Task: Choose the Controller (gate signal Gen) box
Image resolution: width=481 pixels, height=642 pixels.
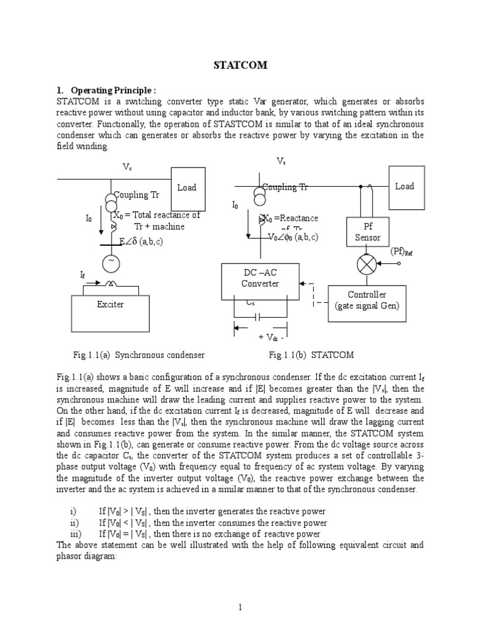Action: point(367,300)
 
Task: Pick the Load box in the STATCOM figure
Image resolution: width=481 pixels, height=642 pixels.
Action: point(405,186)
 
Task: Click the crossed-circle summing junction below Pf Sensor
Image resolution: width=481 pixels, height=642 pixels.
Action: point(367,265)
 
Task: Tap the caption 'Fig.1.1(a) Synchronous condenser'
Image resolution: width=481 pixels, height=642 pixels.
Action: point(138,355)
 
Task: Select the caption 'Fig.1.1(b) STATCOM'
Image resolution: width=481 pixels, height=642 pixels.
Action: point(311,355)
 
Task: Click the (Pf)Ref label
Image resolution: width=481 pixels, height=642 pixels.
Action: point(402,251)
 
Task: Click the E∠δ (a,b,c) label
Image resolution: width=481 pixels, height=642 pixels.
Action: point(141,241)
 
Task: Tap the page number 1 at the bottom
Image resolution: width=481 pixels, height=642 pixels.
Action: point(240,607)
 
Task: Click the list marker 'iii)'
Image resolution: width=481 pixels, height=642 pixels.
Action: point(75,534)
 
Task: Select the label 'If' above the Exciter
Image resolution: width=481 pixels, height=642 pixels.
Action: point(82,275)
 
